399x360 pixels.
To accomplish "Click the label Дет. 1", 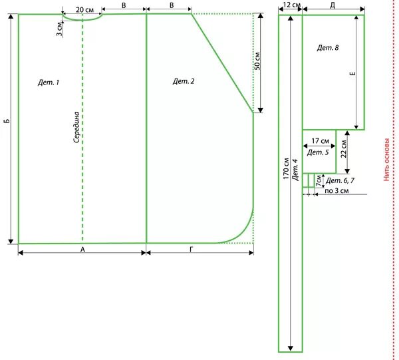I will point(49,83).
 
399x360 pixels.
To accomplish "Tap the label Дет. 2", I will point(184,81).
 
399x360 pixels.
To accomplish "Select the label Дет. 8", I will point(328,48).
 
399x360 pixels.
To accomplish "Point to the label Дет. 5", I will point(319,153).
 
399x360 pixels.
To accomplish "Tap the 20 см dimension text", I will point(84,10).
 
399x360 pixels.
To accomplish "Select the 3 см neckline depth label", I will point(60,29).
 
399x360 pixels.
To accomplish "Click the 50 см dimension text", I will point(258,61).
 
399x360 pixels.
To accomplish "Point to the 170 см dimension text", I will point(285,170).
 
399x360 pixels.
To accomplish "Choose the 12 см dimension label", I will point(291,5).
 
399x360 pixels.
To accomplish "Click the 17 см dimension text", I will point(321,141).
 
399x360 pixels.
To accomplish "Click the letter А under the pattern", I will point(82,250).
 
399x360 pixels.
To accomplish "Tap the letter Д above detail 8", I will point(332,5).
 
